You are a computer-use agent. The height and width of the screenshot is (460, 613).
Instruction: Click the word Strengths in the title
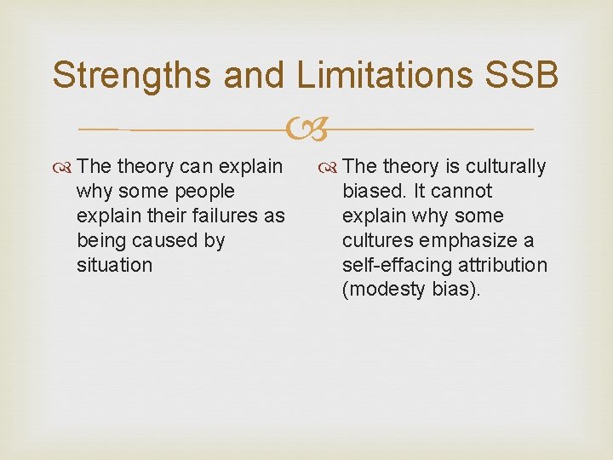pos(131,75)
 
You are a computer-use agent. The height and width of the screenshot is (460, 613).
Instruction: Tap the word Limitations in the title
pos(385,75)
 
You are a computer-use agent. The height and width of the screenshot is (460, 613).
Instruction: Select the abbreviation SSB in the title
pos(521,75)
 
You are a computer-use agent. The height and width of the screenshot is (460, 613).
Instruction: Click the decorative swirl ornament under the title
pos(305,129)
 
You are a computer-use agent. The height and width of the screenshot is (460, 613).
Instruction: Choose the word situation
pos(114,266)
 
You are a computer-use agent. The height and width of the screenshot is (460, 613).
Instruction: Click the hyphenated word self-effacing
pos(395,266)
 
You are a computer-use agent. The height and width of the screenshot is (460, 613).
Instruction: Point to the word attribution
pos(501,266)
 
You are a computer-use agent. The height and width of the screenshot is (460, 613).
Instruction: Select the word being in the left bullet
pos(100,241)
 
